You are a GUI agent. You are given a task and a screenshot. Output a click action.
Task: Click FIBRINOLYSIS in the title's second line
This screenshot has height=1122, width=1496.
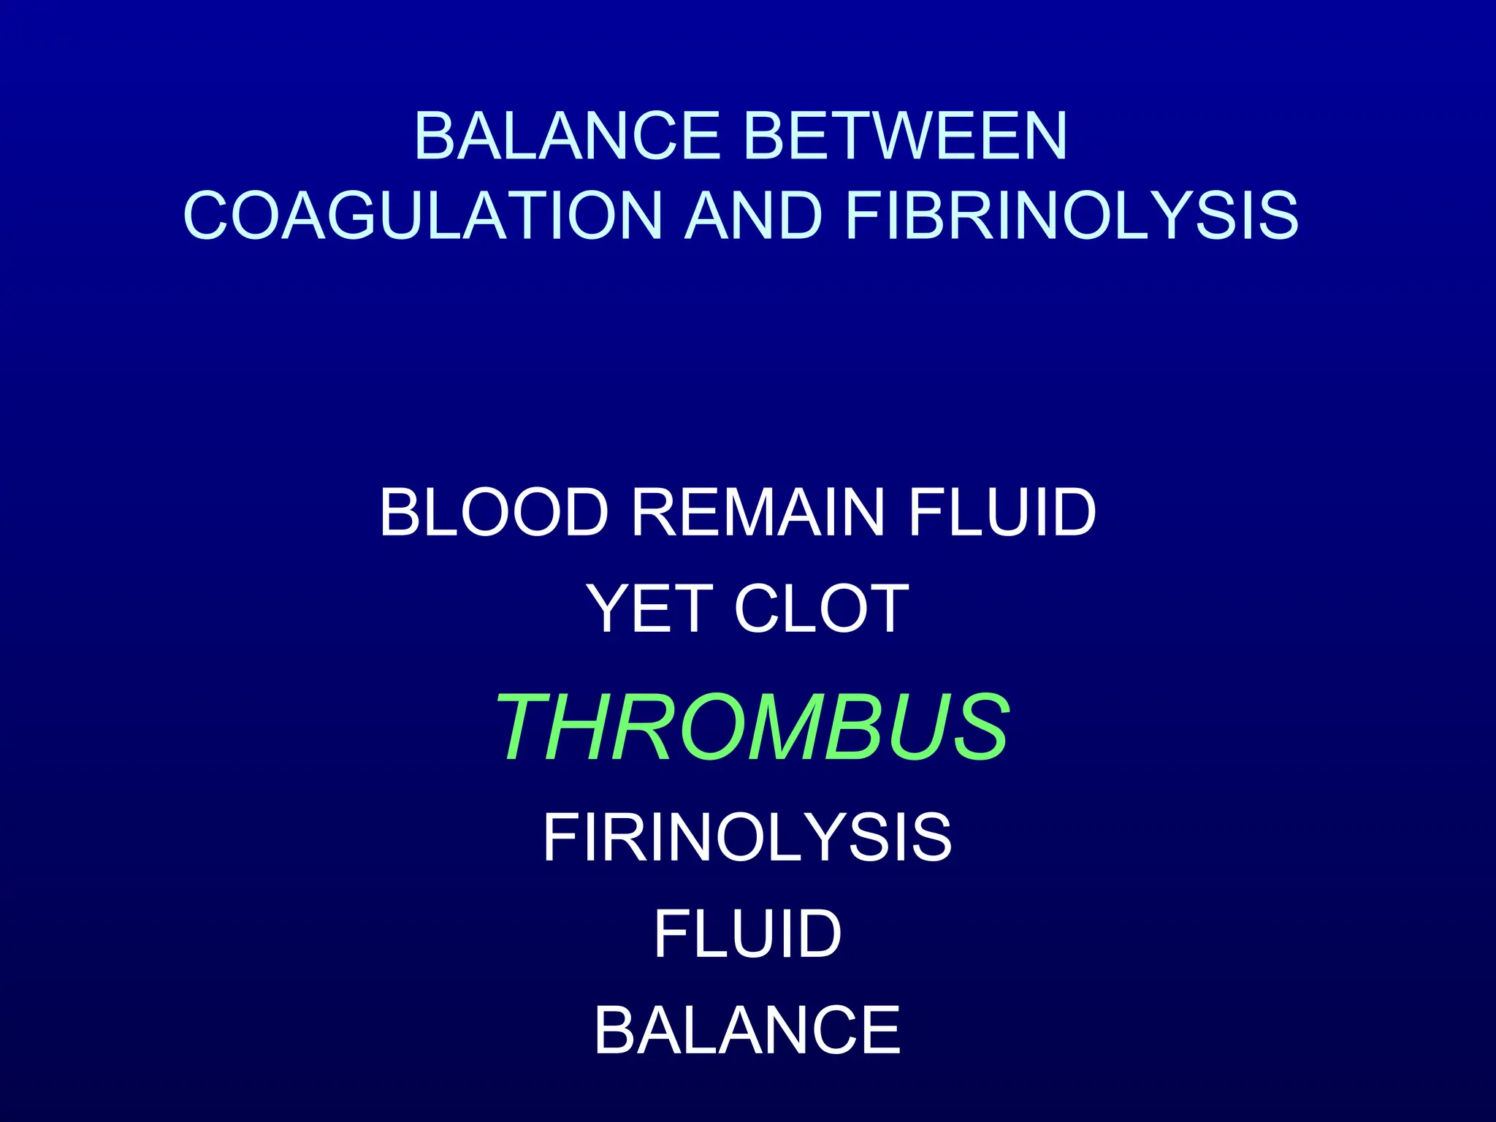point(1072,215)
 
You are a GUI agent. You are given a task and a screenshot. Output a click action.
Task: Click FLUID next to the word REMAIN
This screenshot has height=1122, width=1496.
point(1001,513)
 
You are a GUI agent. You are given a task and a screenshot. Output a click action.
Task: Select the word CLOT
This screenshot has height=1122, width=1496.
point(821,608)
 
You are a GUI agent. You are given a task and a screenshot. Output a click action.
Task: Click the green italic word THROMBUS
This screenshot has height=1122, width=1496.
point(753,728)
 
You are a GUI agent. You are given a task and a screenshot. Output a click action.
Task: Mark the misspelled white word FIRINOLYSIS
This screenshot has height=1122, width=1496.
point(747,838)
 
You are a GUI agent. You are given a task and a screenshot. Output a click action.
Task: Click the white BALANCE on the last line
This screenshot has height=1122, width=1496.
point(747,1030)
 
